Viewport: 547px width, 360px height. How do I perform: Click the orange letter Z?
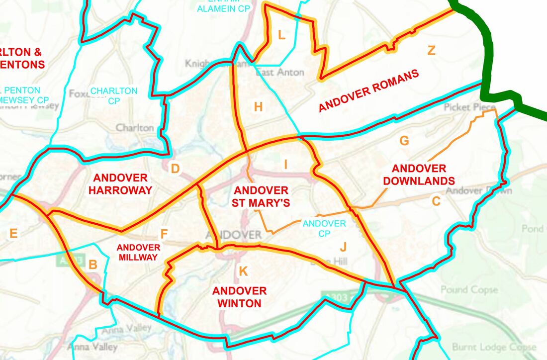click(x=431, y=50)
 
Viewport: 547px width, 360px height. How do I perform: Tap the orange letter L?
click(x=281, y=35)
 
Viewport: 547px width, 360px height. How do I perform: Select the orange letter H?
click(x=258, y=106)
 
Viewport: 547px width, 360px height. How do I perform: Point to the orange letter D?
click(x=175, y=169)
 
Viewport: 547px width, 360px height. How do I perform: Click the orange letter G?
click(x=404, y=141)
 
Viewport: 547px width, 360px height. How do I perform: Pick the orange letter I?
click(x=285, y=165)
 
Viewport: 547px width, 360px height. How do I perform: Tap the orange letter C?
click(x=436, y=201)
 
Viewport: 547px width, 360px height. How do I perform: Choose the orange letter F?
click(x=164, y=234)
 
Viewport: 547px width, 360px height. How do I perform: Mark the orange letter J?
click(x=343, y=246)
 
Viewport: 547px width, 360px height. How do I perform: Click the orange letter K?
click(x=243, y=271)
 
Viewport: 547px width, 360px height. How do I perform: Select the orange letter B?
click(x=92, y=265)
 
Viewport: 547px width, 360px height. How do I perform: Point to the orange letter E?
click(x=13, y=233)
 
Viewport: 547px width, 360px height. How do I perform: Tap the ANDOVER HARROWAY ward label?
click(x=120, y=184)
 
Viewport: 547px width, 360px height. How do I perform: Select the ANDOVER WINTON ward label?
click(x=240, y=297)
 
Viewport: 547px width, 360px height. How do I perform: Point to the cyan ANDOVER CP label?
click(x=324, y=228)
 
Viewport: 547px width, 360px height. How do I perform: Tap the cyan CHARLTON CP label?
click(x=114, y=96)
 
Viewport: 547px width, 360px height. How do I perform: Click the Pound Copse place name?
click(x=468, y=289)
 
